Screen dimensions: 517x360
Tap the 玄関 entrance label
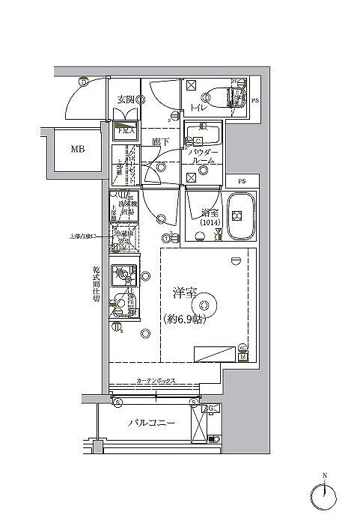tap(124, 98)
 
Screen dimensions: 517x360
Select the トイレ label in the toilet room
tap(198, 108)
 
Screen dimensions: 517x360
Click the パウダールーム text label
tap(203, 155)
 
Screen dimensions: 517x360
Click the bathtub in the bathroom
tap(238, 216)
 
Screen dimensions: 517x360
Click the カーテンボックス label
tap(156, 382)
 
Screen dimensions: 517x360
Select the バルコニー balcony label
tap(151, 423)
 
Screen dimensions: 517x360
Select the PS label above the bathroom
tap(242, 182)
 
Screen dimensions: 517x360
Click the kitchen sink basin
tap(121, 275)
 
